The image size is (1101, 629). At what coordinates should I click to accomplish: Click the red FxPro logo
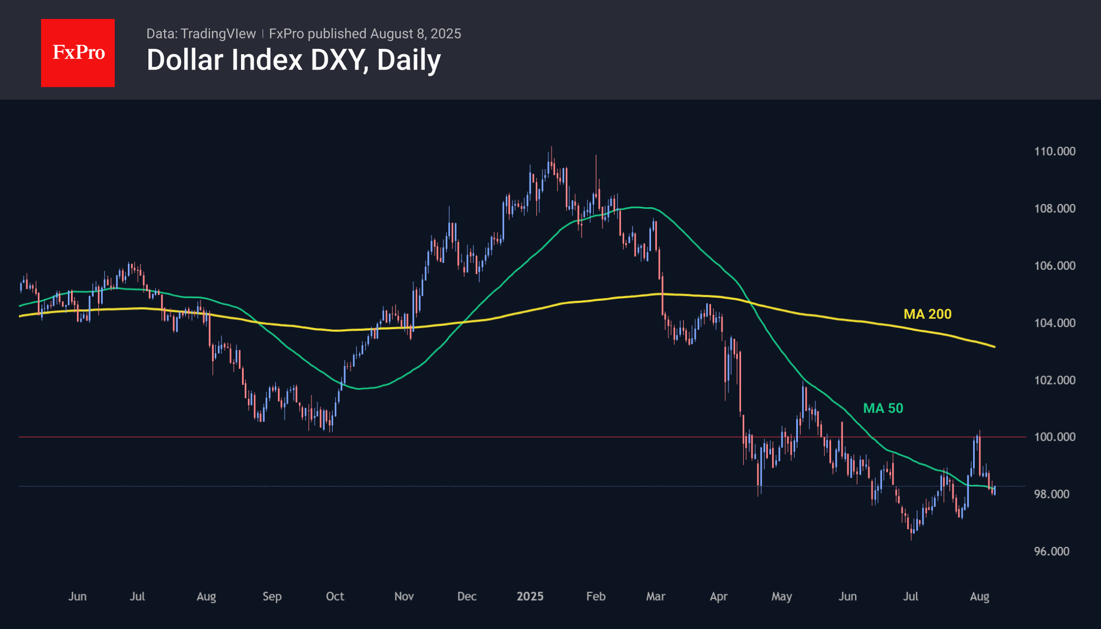click(x=78, y=53)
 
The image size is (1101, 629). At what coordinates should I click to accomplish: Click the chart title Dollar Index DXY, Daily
click(x=294, y=60)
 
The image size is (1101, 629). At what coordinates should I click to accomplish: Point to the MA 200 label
click(x=927, y=314)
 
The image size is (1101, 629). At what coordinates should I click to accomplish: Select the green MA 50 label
click(x=883, y=408)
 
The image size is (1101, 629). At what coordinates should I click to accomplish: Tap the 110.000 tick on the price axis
click(x=1055, y=151)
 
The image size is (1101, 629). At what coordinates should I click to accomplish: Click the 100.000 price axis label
click(x=1055, y=437)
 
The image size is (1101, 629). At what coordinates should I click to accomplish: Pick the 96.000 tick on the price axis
click(x=1052, y=551)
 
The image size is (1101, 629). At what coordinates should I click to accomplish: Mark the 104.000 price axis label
click(x=1055, y=323)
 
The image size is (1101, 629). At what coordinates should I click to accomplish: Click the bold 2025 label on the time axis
click(x=530, y=596)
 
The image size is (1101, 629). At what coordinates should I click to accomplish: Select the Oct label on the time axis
click(x=335, y=596)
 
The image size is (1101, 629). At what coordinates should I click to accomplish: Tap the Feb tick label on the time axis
click(x=596, y=596)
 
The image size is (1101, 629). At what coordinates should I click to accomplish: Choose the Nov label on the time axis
click(x=404, y=596)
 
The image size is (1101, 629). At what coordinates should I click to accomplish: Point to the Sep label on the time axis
click(x=272, y=596)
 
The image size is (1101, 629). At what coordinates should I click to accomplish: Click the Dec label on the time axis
click(x=467, y=596)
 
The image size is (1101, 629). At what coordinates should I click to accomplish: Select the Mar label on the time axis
click(x=656, y=596)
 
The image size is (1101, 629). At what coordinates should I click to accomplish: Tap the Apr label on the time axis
click(x=718, y=596)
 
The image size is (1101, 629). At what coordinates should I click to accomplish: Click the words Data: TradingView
click(x=201, y=34)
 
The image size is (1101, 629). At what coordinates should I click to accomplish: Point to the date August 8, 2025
click(x=415, y=34)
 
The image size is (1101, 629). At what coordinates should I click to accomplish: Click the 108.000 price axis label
click(x=1055, y=209)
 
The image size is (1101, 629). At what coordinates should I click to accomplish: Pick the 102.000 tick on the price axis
click(x=1055, y=380)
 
